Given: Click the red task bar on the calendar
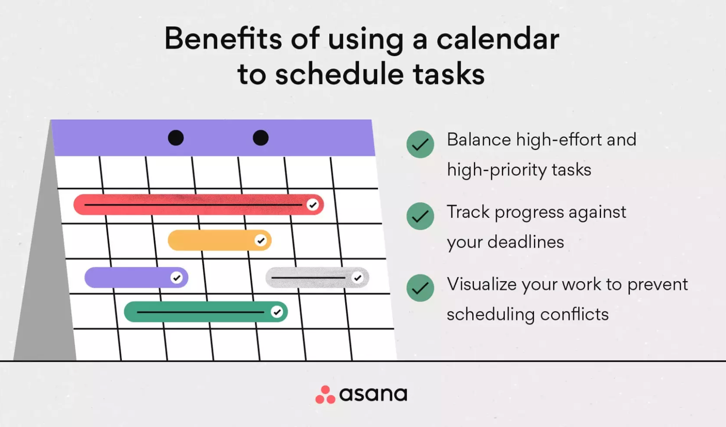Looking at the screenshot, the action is (x=198, y=205).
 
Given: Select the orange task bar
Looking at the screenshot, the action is (x=219, y=240).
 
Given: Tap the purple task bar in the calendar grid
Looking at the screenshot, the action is (x=136, y=278).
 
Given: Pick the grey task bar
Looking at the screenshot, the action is (x=317, y=278).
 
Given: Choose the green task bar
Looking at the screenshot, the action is (x=206, y=312).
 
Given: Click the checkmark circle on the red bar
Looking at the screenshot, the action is (x=312, y=205).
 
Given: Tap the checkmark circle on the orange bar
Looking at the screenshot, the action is (x=260, y=240).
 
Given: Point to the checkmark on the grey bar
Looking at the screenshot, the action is (x=358, y=278).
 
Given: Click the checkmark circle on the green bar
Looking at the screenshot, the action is (x=277, y=312).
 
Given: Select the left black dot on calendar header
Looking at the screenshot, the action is (x=175, y=138).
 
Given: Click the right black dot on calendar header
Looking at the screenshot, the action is (x=261, y=138).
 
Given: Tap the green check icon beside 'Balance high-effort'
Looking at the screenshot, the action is (x=420, y=144).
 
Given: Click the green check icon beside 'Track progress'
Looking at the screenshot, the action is (x=420, y=216).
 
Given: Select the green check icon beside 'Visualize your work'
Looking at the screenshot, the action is (x=420, y=288).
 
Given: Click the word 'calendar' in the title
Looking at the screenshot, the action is (x=498, y=39).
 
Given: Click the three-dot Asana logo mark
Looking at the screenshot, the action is (x=325, y=395).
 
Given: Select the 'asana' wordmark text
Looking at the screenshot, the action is (x=373, y=394).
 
